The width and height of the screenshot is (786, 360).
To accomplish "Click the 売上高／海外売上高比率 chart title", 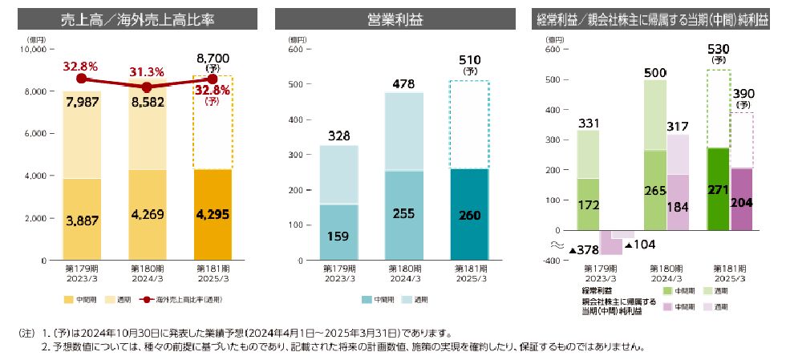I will [137, 18].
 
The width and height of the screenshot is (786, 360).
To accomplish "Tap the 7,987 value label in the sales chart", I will [81, 103].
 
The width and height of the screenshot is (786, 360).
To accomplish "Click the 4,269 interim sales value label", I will [147, 214].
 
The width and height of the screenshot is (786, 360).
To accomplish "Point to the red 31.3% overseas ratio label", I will [146, 72].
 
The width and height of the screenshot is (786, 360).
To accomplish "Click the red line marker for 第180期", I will [147, 87].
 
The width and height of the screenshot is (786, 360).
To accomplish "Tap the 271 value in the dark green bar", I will [717, 191].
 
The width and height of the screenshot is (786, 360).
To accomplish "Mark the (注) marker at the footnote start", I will [27, 331].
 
